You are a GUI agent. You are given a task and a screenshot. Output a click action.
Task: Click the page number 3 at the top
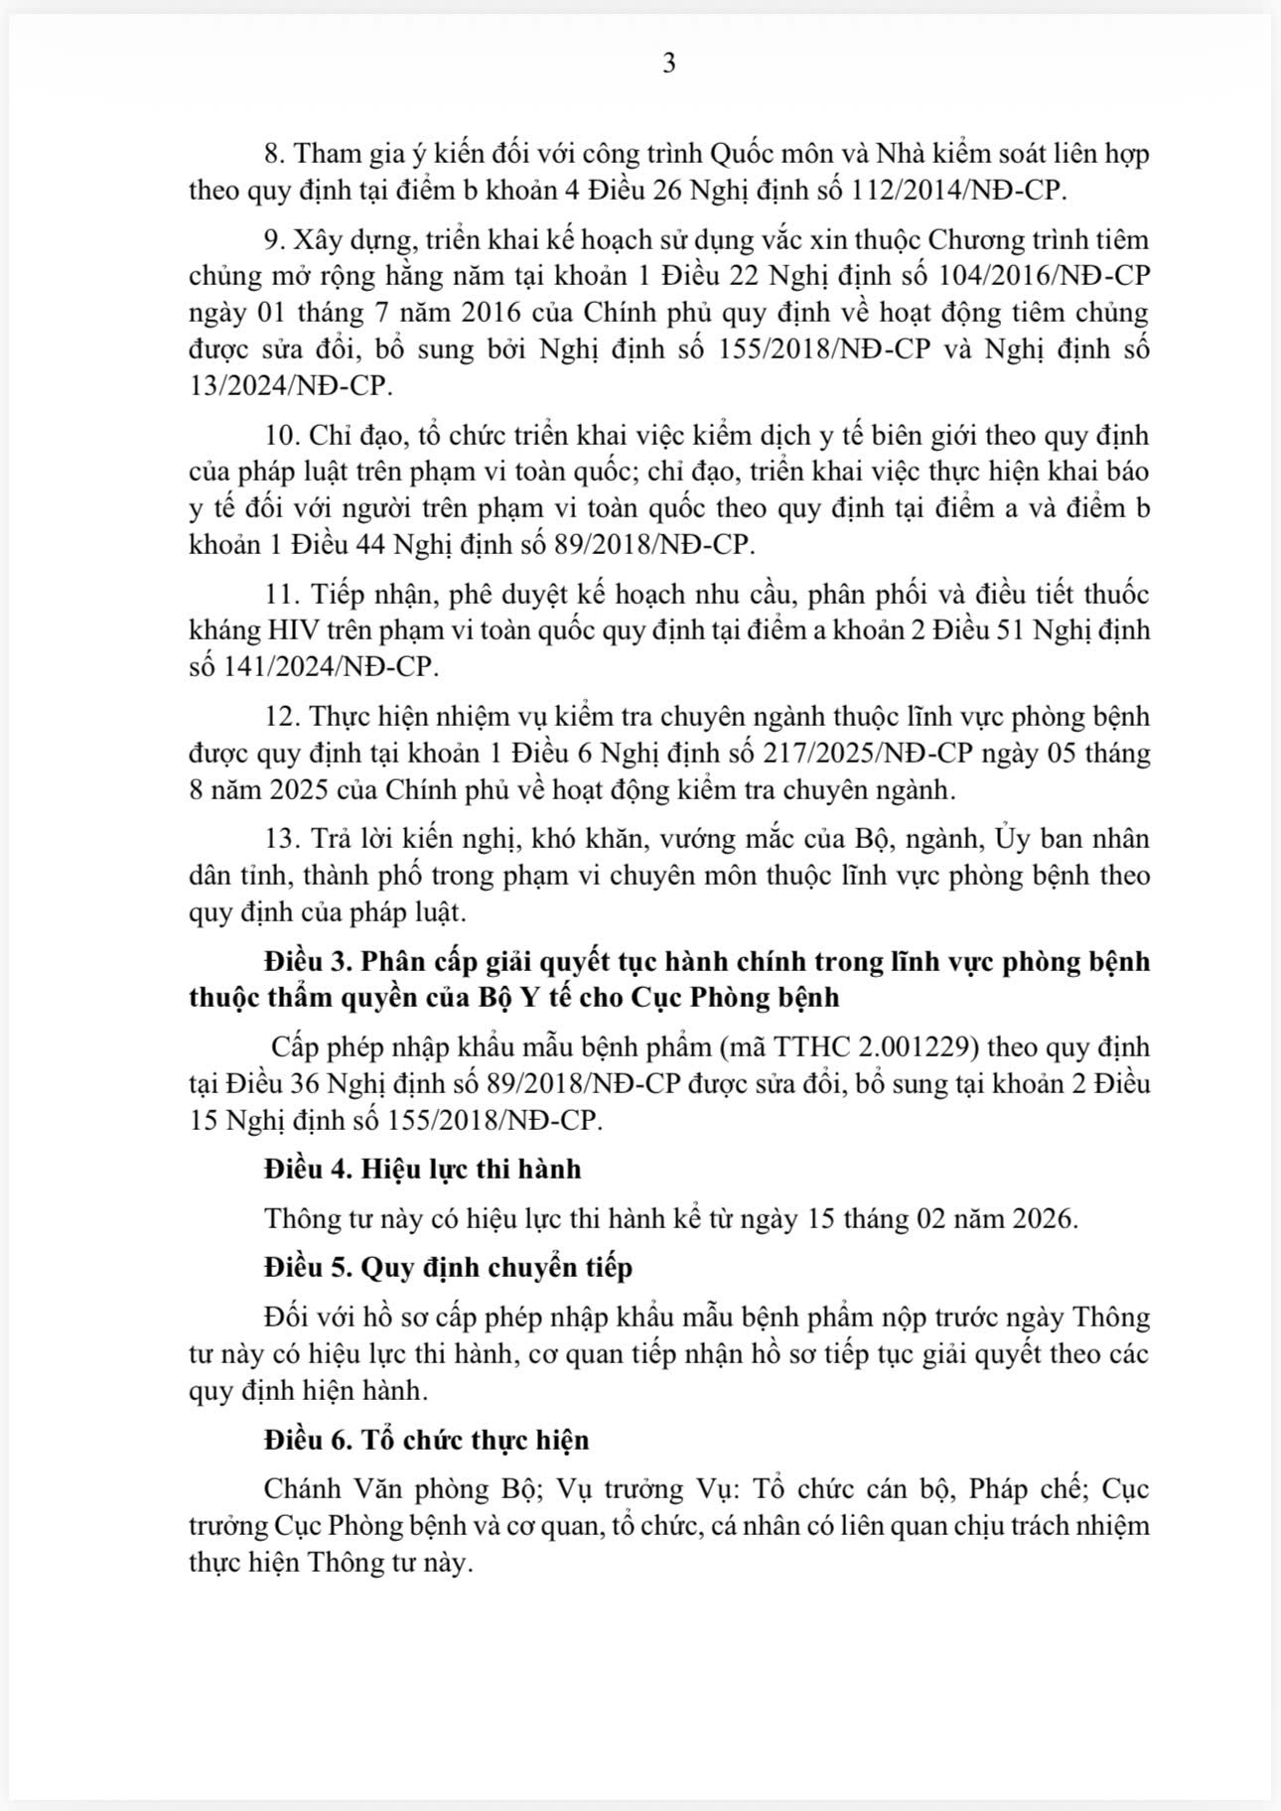[668, 64]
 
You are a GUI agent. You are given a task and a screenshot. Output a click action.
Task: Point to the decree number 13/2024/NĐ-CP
[290, 385]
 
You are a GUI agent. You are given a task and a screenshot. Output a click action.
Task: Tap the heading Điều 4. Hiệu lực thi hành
[422, 1169]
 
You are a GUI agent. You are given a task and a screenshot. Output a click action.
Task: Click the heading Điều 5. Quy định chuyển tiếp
[448, 1267]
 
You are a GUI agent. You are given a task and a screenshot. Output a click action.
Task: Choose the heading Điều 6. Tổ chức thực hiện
[426, 1440]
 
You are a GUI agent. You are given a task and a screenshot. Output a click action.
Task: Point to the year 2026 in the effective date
[1042, 1218]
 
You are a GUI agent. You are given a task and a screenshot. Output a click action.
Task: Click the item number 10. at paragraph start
[283, 436]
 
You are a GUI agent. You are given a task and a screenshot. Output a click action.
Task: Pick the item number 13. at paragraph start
[283, 839]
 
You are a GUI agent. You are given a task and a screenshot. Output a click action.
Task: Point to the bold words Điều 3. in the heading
[307, 961]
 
